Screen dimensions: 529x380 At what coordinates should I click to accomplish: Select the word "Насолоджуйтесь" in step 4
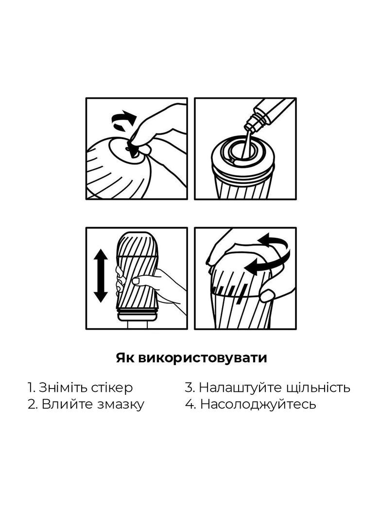pyautogui.click(x=258, y=404)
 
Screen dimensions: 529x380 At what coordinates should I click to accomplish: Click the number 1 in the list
pyautogui.click(x=30, y=388)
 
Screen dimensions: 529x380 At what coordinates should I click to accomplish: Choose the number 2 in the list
pyautogui.click(x=32, y=404)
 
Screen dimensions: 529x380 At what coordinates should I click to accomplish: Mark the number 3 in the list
pyautogui.click(x=190, y=388)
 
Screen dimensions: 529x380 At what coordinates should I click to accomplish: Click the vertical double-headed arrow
pyautogui.click(x=101, y=276)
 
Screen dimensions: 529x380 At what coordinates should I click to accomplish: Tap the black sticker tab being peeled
pyautogui.click(x=132, y=149)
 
